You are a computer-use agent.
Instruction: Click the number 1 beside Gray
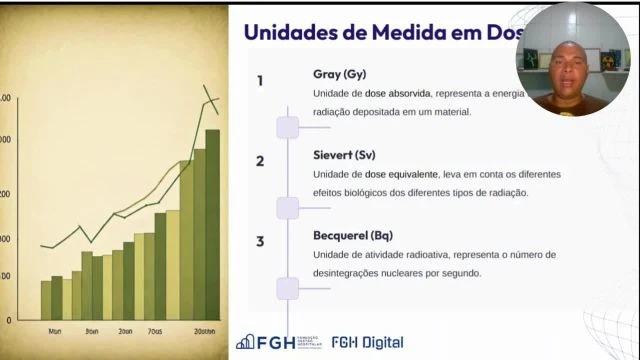pyautogui.click(x=260, y=81)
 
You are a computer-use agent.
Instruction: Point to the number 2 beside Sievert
pyautogui.click(x=260, y=161)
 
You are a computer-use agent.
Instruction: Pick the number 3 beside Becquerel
pyautogui.click(x=260, y=241)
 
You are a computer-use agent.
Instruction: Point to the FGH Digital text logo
pyautogui.click(x=367, y=342)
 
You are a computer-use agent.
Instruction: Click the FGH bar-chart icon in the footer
pyautogui.click(x=245, y=342)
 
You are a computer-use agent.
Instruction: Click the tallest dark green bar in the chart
pyautogui.click(x=212, y=225)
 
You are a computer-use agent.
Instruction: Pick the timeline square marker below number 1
pyautogui.click(x=288, y=127)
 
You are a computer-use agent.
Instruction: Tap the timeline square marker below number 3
pyautogui.click(x=288, y=288)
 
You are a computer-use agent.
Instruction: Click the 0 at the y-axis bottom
pyautogui.click(x=9, y=320)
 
